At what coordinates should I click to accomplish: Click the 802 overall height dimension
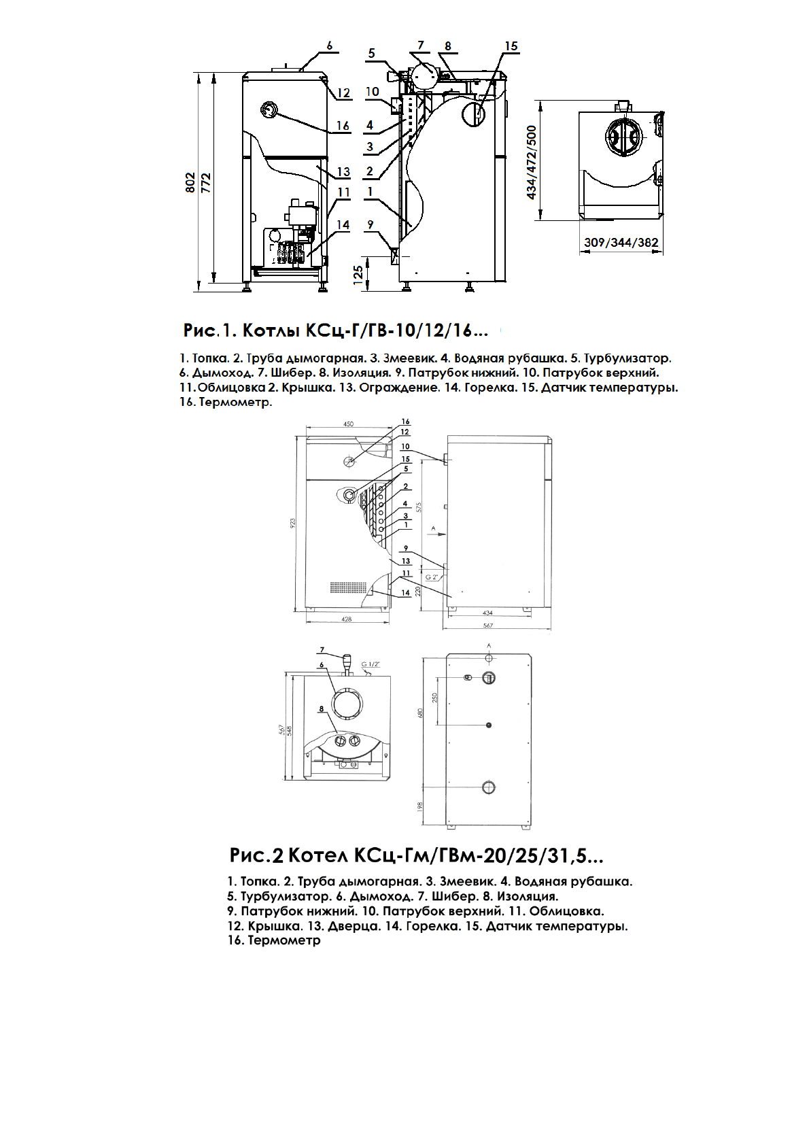coord(191,182)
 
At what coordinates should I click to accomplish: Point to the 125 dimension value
coord(358,275)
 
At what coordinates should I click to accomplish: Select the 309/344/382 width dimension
coord(621,242)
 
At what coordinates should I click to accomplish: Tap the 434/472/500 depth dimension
coord(532,162)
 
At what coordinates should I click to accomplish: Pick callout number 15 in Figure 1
coord(511,46)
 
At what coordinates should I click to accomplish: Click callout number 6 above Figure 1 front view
coord(330,46)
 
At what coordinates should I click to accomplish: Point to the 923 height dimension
coord(294,523)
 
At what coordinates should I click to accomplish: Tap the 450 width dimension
coord(348,424)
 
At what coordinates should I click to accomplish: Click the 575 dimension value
coord(419,507)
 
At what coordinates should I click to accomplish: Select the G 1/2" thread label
coord(371,664)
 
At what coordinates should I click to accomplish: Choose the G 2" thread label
coord(432,577)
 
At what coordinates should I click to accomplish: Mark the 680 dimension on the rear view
coord(421,713)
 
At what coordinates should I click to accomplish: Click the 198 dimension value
coord(420,806)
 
